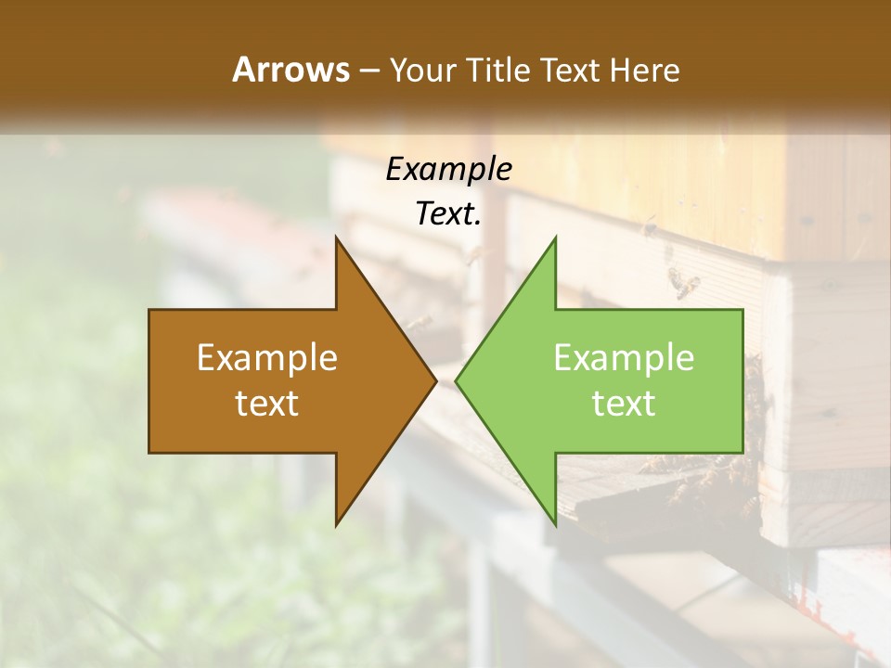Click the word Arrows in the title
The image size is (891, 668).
click(x=291, y=70)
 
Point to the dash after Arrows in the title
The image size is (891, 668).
click(x=368, y=71)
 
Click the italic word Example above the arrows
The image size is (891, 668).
click(x=448, y=170)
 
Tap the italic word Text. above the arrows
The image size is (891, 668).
click(x=446, y=214)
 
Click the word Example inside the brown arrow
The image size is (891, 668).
click(x=266, y=358)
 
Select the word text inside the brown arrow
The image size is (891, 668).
click(x=266, y=403)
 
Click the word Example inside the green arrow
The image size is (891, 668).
click(x=624, y=358)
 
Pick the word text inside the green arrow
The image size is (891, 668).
click(x=624, y=403)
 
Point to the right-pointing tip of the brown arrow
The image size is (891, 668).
click(x=434, y=380)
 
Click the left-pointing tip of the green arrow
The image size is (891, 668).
click(x=458, y=380)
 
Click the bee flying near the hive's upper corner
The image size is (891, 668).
click(x=685, y=283)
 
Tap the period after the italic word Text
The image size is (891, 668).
click(x=479, y=224)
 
